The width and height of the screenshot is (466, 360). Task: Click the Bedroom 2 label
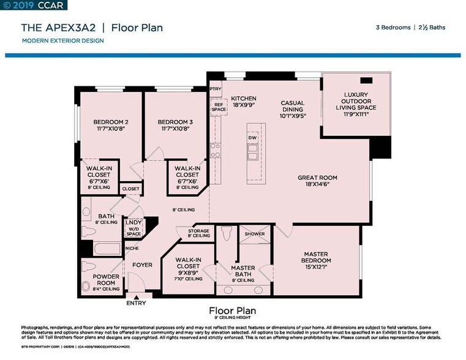coord(110,121)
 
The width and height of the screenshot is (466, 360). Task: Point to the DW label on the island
coord(252,138)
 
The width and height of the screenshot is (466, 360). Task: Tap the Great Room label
coord(317,178)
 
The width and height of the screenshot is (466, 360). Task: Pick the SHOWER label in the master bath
coord(255,234)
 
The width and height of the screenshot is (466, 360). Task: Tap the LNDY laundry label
coord(133,223)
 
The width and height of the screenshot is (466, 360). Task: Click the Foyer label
coord(142,265)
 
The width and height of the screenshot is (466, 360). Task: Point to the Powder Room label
coord(106,280)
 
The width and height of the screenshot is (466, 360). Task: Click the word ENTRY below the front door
coord(137,303)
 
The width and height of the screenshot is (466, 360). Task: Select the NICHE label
coord(132,248)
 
